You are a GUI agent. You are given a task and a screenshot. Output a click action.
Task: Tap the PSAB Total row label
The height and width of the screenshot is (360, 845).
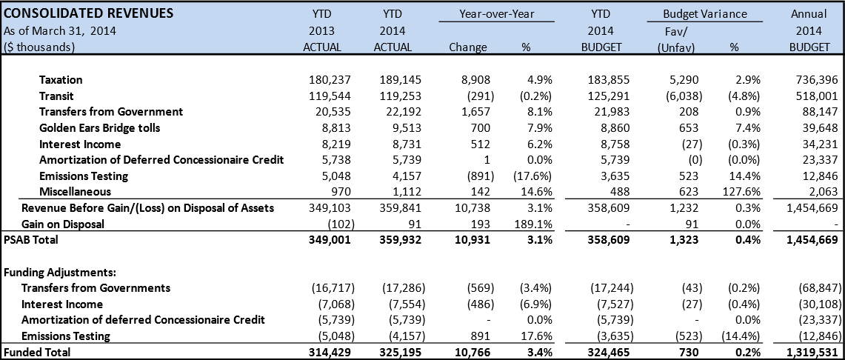pyautogui.click(x=30, y=240)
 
